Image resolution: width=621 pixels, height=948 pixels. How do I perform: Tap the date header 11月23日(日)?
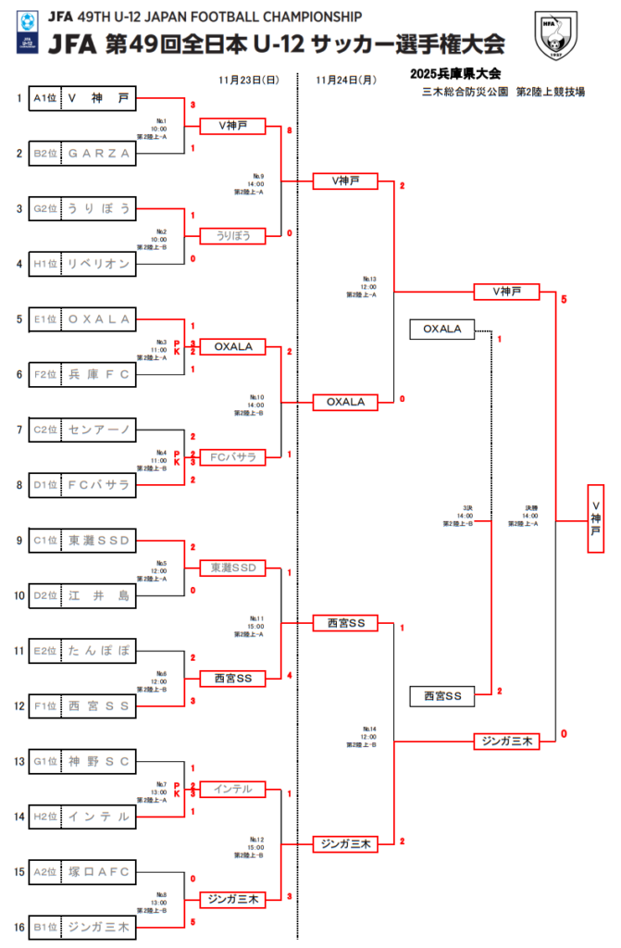pyautogui.click(x=250, y=80)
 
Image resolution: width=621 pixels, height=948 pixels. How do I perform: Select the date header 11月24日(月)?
pyautogui.click(x=346, y=80)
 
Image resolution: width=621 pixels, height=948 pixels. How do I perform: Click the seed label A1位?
pyautogui.click(x=45, y=98)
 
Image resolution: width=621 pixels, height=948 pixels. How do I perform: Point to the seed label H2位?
pyautogui.click(x=45, y=817)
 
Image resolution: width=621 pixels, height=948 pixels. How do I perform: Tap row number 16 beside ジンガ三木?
pyautogui.click(x=19, y=927)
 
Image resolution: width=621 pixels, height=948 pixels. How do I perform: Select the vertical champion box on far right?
pyautogui.click(x=596, y=519)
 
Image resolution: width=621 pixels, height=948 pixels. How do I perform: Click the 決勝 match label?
pyautogui.click(x=530, y=507)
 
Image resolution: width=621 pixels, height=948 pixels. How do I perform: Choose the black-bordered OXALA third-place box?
pyautogui.click(x=441, y=329)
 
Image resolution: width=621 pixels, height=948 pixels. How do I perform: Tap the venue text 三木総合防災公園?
pyautogui.click(x=459, y=91)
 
